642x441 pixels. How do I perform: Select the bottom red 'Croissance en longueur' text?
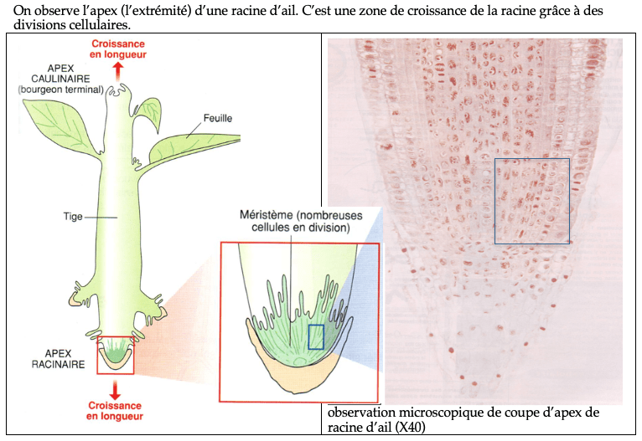point(115,410)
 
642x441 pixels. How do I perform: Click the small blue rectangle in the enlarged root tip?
point(316,336)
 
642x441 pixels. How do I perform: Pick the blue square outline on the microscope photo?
point(531,201)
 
